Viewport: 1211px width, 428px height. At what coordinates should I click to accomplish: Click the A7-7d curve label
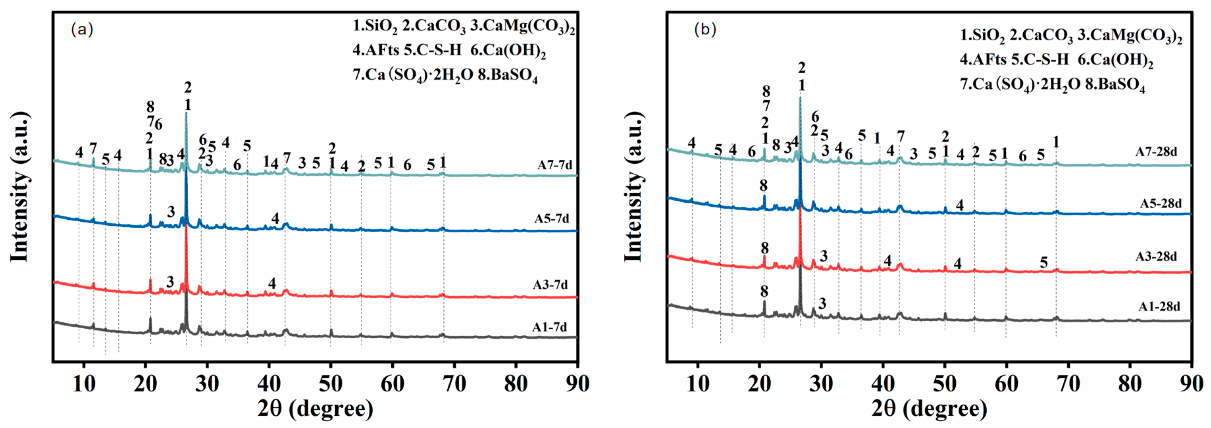pos(555,165)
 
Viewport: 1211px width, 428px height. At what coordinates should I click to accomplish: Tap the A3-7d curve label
pos(550,285)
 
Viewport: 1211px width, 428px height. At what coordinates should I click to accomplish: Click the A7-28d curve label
pos(1156,152)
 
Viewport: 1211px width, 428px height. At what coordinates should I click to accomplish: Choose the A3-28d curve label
pos(1156,256)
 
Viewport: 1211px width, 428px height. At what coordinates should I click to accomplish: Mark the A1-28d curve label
pos(1159,307)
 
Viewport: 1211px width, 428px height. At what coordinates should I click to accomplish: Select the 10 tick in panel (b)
pos(698,384)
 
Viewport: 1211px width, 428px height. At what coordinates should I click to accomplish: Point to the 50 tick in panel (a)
pos(330,384)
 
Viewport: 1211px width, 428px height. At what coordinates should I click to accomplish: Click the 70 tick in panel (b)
pos(1068,384)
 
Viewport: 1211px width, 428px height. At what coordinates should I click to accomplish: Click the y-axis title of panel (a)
pos(20,187)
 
